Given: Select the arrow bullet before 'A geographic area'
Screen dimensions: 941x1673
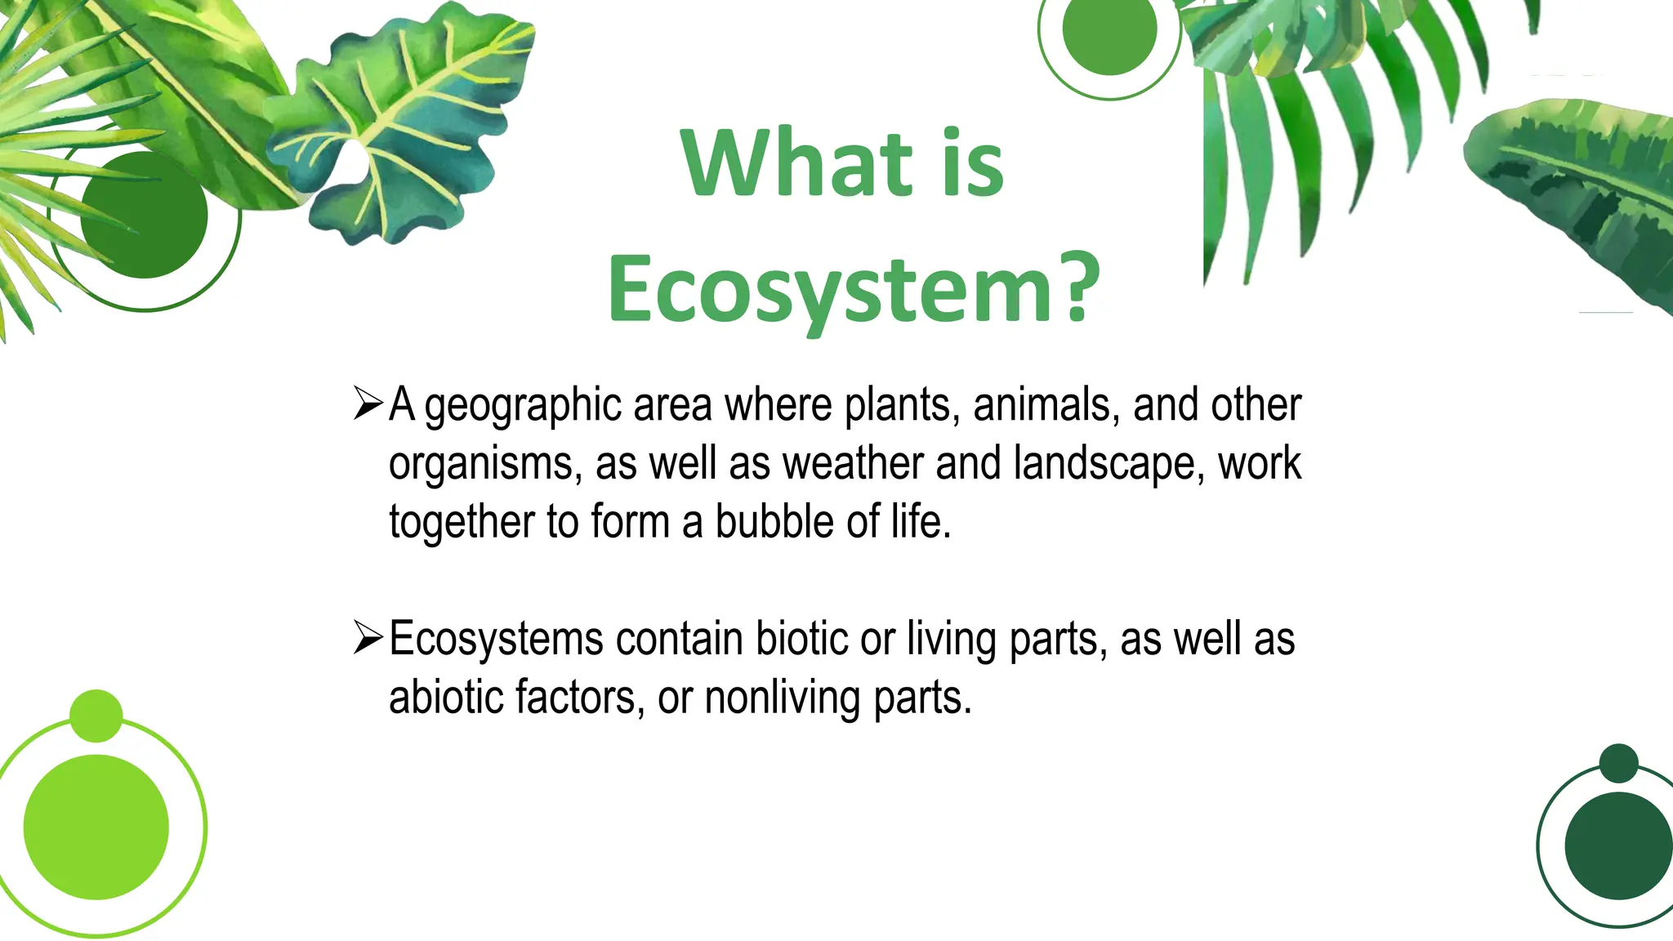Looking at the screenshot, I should click(368, 404).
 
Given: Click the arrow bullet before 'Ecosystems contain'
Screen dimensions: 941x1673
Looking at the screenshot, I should click(368, 638).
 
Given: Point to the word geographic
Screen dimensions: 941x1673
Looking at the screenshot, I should click(523, 406).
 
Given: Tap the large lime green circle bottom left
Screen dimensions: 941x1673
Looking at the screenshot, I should click(96, 827).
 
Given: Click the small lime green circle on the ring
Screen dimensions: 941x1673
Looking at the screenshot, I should click(96, 716).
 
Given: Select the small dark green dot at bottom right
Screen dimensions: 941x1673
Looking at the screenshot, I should click(1618, 763).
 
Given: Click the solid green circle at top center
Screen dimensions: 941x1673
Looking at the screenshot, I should click(1109, 30).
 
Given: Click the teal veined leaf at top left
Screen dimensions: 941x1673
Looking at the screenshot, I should click(400, 123).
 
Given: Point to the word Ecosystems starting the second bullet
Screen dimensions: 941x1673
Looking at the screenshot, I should click(496, 639).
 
